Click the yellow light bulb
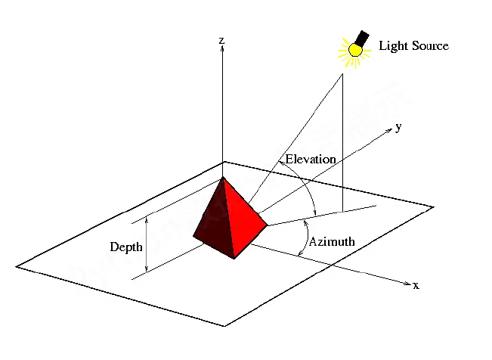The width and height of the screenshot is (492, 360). pyautogui.click(x=355, y=50)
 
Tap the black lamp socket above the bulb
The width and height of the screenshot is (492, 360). pyautogui.click(x=363, y=39)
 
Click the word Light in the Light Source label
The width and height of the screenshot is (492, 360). pyautogui.click(x=394, y=46)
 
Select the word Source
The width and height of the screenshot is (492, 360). pyautogui.click(x=431, y=45)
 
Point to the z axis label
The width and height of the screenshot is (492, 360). pyautogui.click(x=222, y=41)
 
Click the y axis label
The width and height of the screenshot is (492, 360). pyautogui.click(x=398, y=127)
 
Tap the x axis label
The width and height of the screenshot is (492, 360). pyautogui.click(x=416, y=286)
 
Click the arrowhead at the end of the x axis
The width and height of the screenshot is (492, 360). pyautogui.click(x=407, y=284)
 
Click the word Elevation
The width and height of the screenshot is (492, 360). pyautogui.click(x=311, y=160)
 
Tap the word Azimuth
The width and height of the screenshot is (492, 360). pyautogui.click(x=332, y=241)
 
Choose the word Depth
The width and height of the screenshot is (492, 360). pyautogui.click(x=126, y=247)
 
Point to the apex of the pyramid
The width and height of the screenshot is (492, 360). pyautogui.click(x=223, y=178)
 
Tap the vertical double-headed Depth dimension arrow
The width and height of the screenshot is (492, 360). pyautogui.click(x=146, y=244)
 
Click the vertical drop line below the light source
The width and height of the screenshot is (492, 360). pyautogui.click(x=342, y=143)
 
